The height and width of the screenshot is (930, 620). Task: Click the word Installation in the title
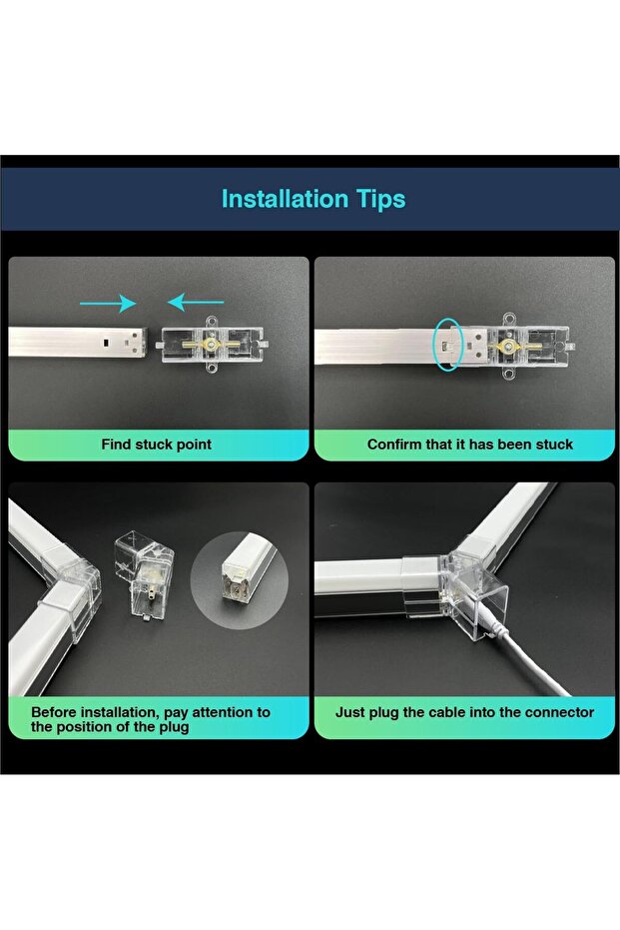coord(285,199)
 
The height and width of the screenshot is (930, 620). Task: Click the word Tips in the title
coord(380,200)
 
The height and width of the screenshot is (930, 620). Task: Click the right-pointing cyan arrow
coord(108,303)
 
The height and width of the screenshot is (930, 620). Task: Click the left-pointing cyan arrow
coord(196,302)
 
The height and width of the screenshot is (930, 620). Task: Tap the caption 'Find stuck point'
coord(156,445)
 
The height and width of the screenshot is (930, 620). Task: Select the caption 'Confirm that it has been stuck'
coord(470,445)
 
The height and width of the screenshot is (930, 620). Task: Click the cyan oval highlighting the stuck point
coord(449,345)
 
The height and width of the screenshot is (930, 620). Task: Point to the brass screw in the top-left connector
coord(209,344)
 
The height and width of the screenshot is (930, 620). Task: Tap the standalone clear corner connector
coord(144,575)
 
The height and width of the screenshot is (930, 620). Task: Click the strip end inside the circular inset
coord(246,576)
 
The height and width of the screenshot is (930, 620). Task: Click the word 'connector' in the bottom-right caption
coord(562,712)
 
